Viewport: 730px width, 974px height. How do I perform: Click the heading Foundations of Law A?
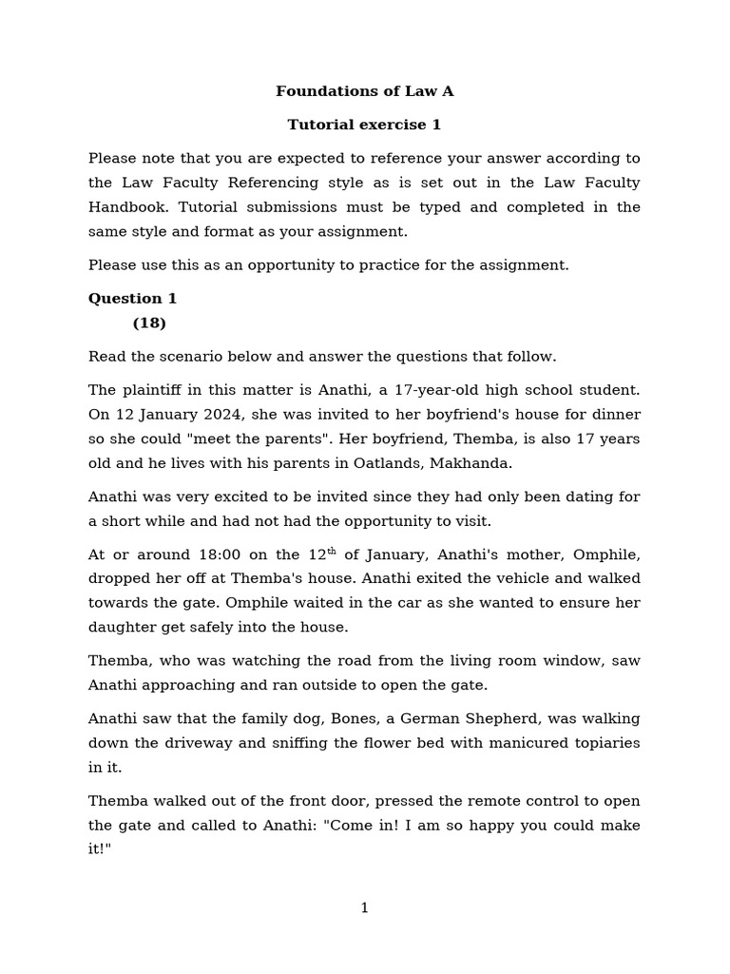coord(365,91)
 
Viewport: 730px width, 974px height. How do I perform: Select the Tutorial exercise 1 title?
coord(365,125)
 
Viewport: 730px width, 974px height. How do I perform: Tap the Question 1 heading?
coord(133,299)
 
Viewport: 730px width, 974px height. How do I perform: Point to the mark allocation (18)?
coord(149,323)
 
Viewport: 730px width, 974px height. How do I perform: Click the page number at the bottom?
coord(365,908)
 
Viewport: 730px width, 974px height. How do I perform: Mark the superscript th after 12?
coord(332,551)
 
